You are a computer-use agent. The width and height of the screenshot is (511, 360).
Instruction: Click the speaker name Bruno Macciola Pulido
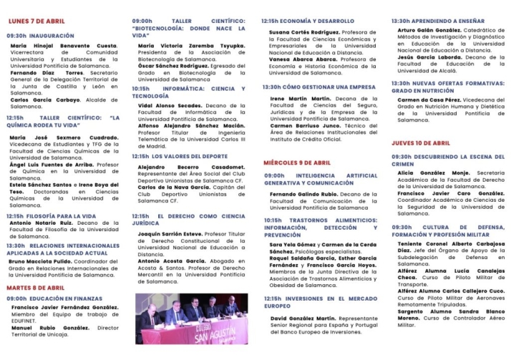pos(45,261)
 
